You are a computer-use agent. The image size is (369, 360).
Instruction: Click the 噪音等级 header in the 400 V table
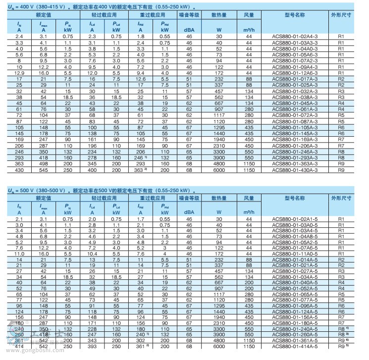click(x=189, y=15)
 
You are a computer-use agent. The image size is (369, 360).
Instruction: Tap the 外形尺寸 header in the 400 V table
click(x=341, y=15)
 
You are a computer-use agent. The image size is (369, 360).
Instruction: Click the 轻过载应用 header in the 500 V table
click(x=104, y=198)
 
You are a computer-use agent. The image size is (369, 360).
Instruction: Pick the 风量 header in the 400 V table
click(x=249, y=15)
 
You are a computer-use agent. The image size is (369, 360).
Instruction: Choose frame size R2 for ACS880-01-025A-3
click(x=341, y=85)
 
